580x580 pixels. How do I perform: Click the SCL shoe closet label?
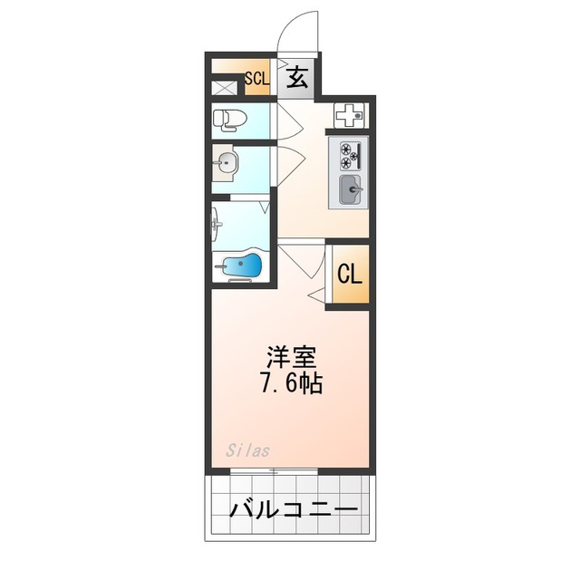coord(256,79)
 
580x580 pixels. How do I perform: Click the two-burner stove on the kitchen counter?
coord(350,155)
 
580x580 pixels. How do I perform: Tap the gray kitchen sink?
coord(350,190)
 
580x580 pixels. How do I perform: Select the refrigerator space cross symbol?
coord(349,115)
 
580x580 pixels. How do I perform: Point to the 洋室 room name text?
coord(291,354)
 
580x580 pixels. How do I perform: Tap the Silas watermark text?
coord(248,449)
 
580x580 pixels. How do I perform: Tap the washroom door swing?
coord(288,164)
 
